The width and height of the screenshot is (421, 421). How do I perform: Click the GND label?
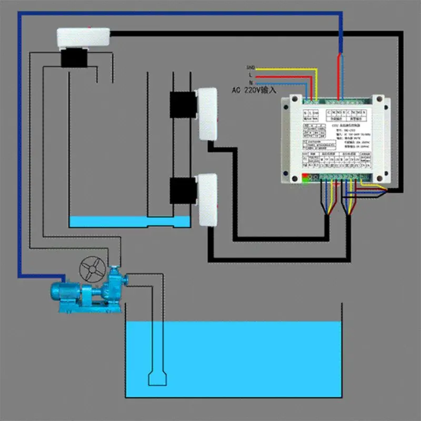click(x=250, y=68)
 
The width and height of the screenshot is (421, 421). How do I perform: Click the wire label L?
click(x=250, y=76)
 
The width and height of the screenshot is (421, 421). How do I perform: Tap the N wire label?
click(x=250, y=83)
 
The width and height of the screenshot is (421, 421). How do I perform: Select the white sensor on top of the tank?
click(x=84, y=37)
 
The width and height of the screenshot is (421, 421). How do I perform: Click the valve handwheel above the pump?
click(x=92, y=270)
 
